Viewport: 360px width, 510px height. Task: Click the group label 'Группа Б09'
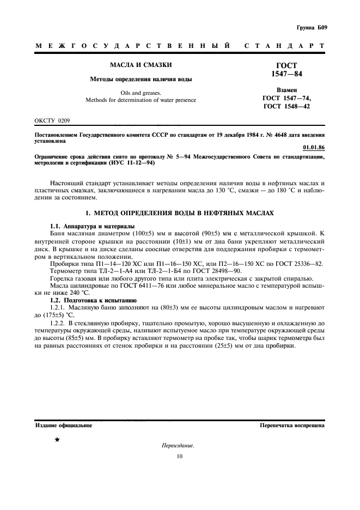(x=312, y=27)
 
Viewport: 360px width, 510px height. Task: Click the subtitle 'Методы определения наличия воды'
(x=133, y=80)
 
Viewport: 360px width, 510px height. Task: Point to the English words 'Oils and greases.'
(x=133, y=93)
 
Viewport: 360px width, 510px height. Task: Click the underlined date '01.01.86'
(x=313, y=147)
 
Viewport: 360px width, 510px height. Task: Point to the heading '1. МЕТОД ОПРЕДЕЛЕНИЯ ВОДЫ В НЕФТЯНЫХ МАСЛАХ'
(x=180, y=211)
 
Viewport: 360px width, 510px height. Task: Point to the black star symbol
(x=56, y=439)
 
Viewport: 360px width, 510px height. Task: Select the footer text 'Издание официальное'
(x=63, y=426)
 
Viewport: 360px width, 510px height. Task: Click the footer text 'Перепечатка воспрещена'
(x=292, y=426)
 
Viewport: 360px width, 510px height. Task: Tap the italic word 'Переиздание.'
(x=179, y=445)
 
